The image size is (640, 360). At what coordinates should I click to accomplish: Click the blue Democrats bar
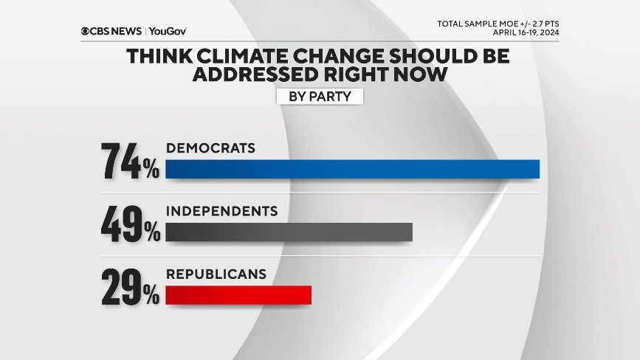[x=352, y=169]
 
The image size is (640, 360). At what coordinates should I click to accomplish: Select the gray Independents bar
[x=289, y=232]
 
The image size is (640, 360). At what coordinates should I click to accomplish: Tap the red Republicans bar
[x=238, y=295]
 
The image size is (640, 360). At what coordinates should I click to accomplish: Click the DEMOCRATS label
[x=210, y=148]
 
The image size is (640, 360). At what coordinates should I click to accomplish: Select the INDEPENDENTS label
[x=221, y=211]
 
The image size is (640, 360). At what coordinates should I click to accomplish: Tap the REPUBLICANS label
[x=216, y=274]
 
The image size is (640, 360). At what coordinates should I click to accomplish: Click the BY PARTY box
[x=320, y=96]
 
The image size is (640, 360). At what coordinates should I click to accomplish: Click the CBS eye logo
[x=86, y=31]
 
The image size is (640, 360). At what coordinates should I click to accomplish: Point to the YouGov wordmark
[x=168, y=31]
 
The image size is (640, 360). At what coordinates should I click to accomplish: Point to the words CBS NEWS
[x=117, y=31]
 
